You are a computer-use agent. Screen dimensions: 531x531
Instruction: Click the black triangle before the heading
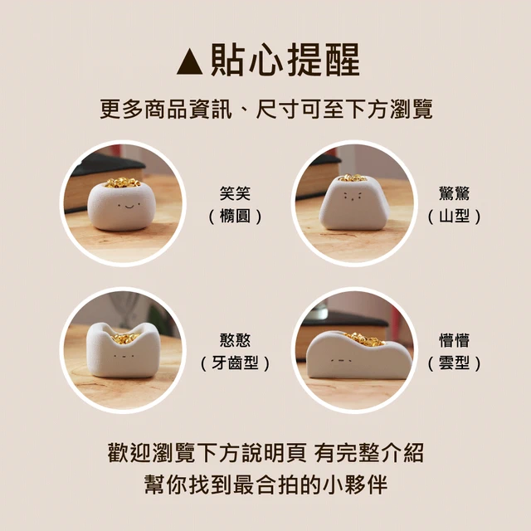coord(190,61)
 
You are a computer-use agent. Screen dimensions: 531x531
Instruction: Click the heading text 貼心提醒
coord(285,61)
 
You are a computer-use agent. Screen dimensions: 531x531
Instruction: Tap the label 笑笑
coord(235,193)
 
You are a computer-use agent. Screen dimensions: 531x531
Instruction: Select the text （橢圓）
coord(235,216)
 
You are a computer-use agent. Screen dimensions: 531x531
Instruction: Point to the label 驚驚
coord(454,193)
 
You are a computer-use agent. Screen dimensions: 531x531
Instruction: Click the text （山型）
coord(454,216)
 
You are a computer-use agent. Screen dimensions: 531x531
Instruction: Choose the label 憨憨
coord(235,340)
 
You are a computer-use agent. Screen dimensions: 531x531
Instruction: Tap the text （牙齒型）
coord(235,363)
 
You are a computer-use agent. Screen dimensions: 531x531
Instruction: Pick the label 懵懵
coord(454,340)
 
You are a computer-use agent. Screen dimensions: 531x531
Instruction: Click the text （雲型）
coord(454,363)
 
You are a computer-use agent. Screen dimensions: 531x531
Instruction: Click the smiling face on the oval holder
coord(129,205)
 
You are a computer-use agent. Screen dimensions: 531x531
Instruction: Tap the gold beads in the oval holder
coord(122,183)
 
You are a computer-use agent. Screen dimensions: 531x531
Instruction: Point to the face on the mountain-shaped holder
coord(353,197)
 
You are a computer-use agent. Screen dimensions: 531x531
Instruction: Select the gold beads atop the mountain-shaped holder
coord(353,178)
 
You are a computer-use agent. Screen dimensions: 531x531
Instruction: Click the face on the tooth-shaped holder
coord(124,356)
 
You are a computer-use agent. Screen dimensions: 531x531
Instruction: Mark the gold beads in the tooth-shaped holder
coord(124,338)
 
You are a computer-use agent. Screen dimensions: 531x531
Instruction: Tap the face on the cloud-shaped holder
coord(341,360)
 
